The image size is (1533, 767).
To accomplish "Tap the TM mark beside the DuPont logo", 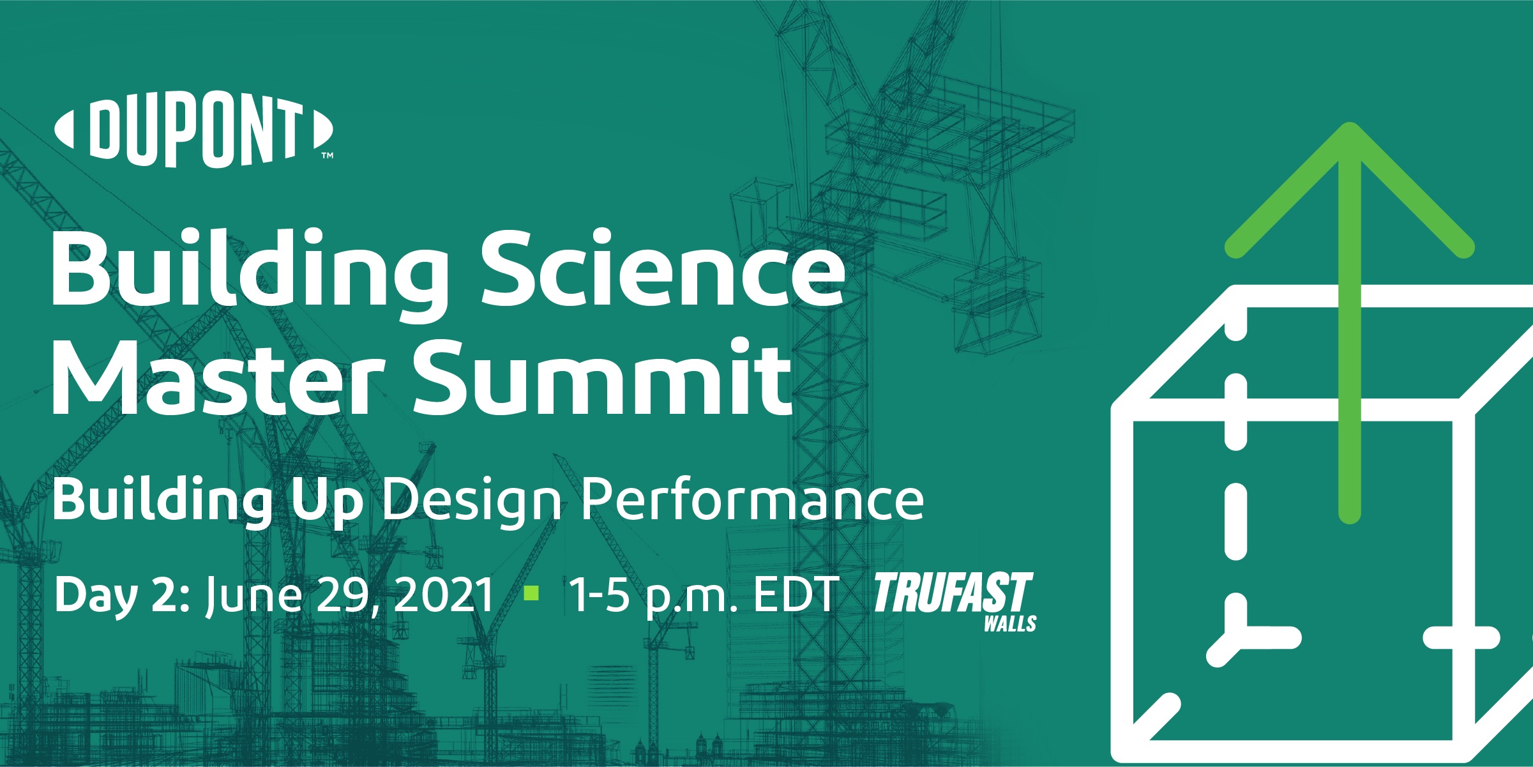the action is (327, 155).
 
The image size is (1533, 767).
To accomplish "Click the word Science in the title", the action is (663, 270).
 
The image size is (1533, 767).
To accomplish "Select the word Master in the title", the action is (218, 377).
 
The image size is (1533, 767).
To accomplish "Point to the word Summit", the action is (603, 377).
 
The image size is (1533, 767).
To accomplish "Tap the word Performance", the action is (752, 500).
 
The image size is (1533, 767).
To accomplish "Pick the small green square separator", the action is (531, 593).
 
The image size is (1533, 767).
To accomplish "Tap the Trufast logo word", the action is (953, 592).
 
